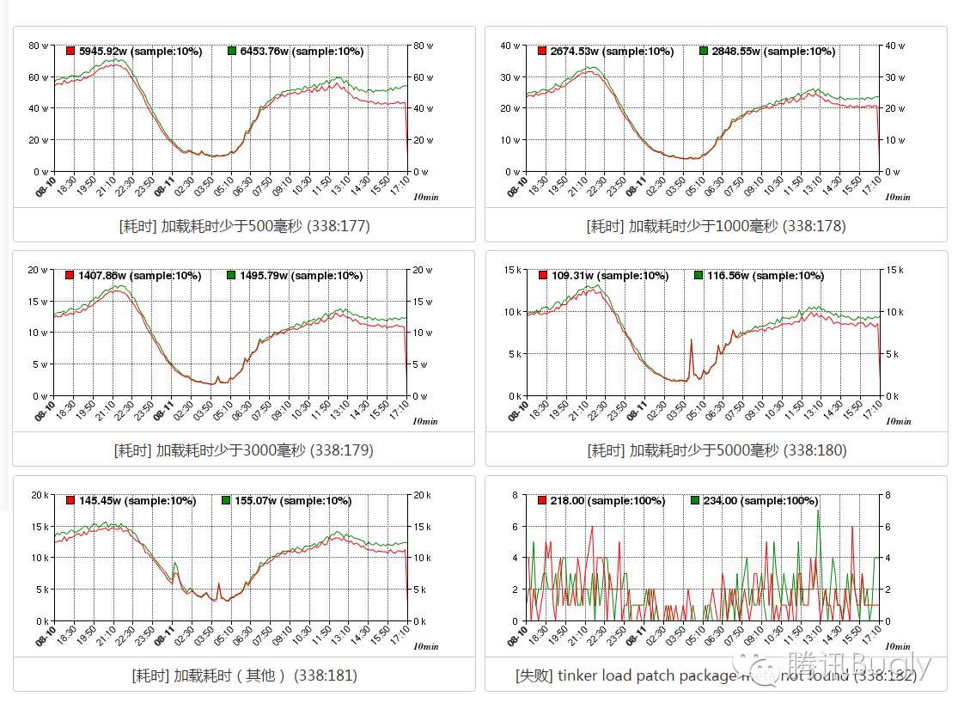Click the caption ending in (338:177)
click(x=244, y=226)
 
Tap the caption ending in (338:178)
click(x=716, y=226)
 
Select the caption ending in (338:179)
click(x=243, y=450)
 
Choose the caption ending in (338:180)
click(x=717, y=450)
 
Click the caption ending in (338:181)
click(x=244, y=675)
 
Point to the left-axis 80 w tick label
click(x=38, y=46)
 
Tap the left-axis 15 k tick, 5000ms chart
click(x=512, y=270)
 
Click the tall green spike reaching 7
click(x=818, y=511)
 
